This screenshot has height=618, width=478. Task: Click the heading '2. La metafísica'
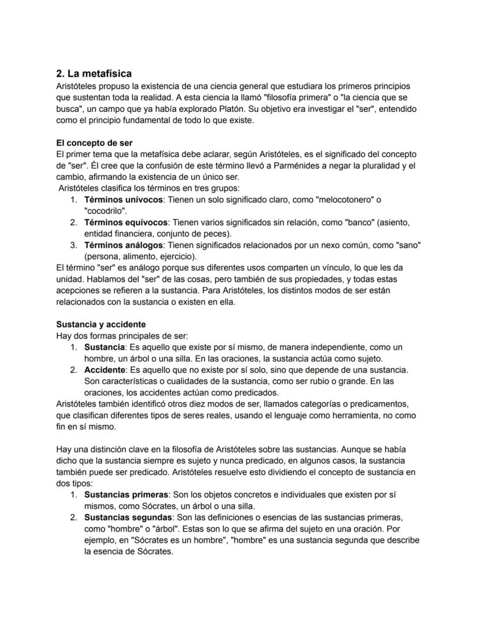(x=94, y=73)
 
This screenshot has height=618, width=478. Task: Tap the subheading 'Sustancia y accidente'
(x=100, y=324)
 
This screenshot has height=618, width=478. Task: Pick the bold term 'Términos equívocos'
(x=126, y=222)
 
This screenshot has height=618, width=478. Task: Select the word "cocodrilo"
(x=106, y=211)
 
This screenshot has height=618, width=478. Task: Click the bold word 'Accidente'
(x=103, y=370)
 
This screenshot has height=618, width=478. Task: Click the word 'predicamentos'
(x=379, y=404)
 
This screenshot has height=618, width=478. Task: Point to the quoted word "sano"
(x=408, y=245)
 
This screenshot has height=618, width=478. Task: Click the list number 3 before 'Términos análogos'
(x=74, y=245)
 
